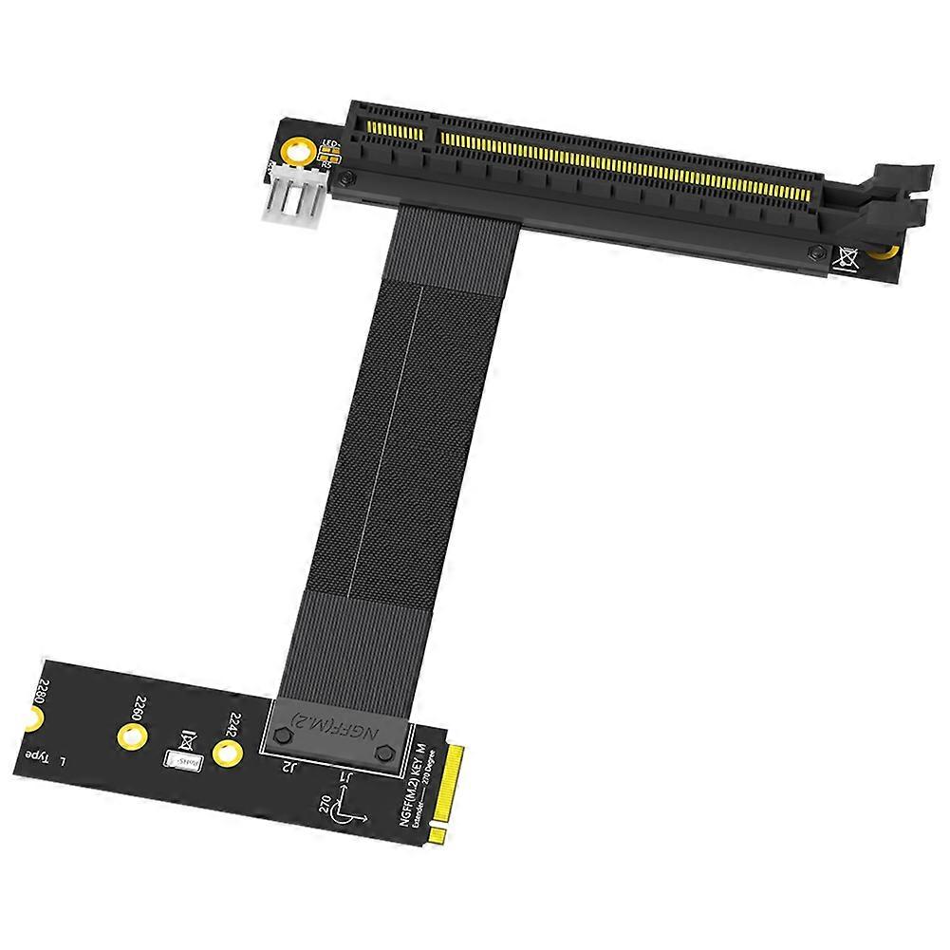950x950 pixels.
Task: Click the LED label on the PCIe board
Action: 331,146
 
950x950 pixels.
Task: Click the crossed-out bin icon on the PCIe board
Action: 847,256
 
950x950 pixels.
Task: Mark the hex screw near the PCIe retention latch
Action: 814,251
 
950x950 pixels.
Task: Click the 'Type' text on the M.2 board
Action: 35,756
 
